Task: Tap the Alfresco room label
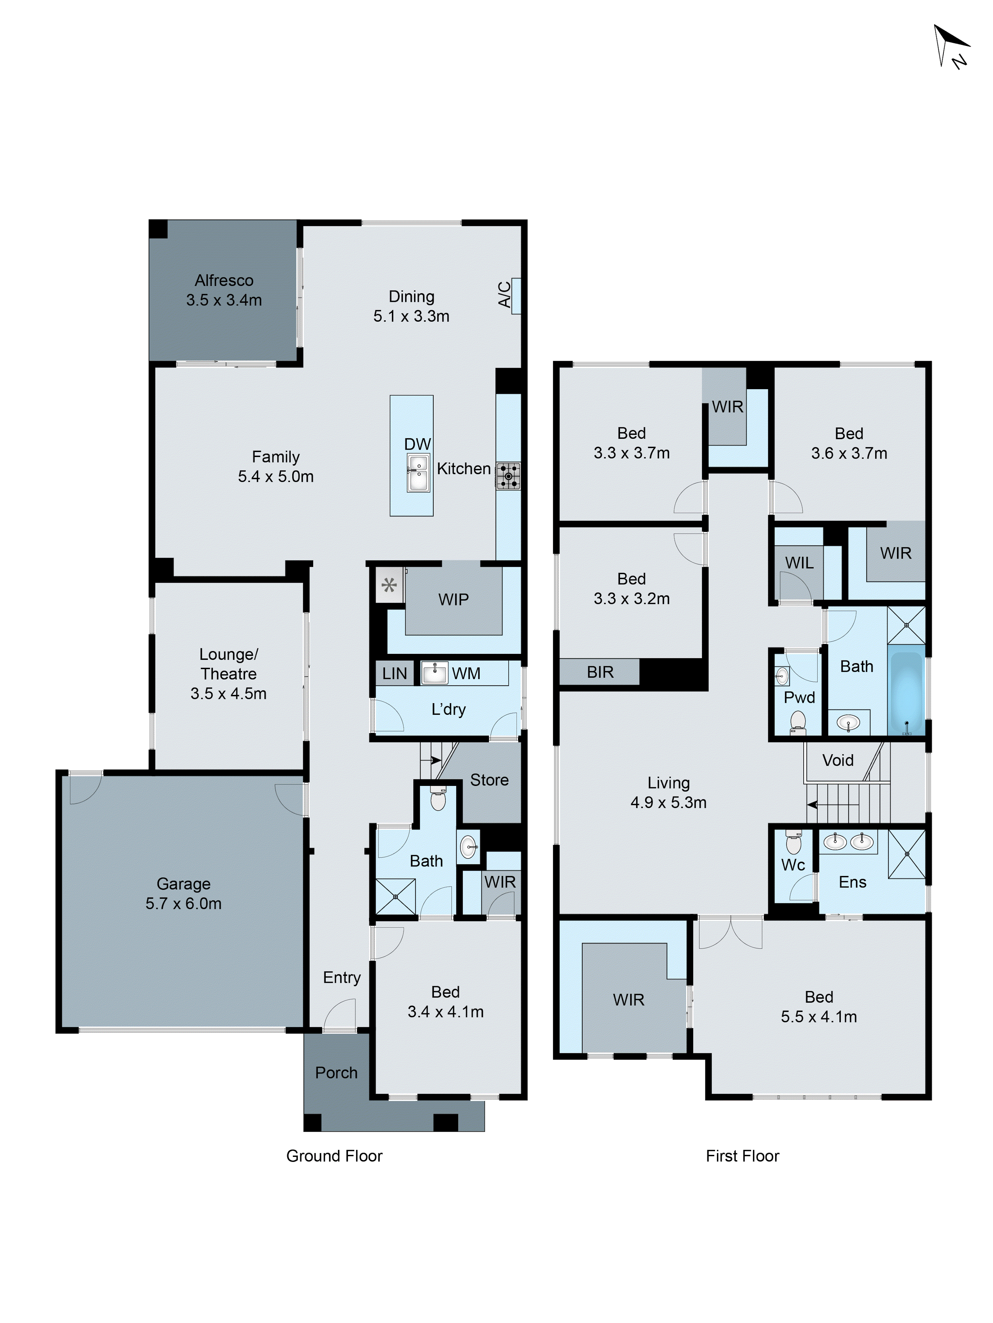224,281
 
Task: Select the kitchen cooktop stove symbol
508,476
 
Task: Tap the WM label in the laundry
466,673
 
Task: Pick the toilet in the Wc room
793,842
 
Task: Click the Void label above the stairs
837,760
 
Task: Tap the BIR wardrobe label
600,672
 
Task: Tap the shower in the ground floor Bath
396,896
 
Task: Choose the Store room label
489,780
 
